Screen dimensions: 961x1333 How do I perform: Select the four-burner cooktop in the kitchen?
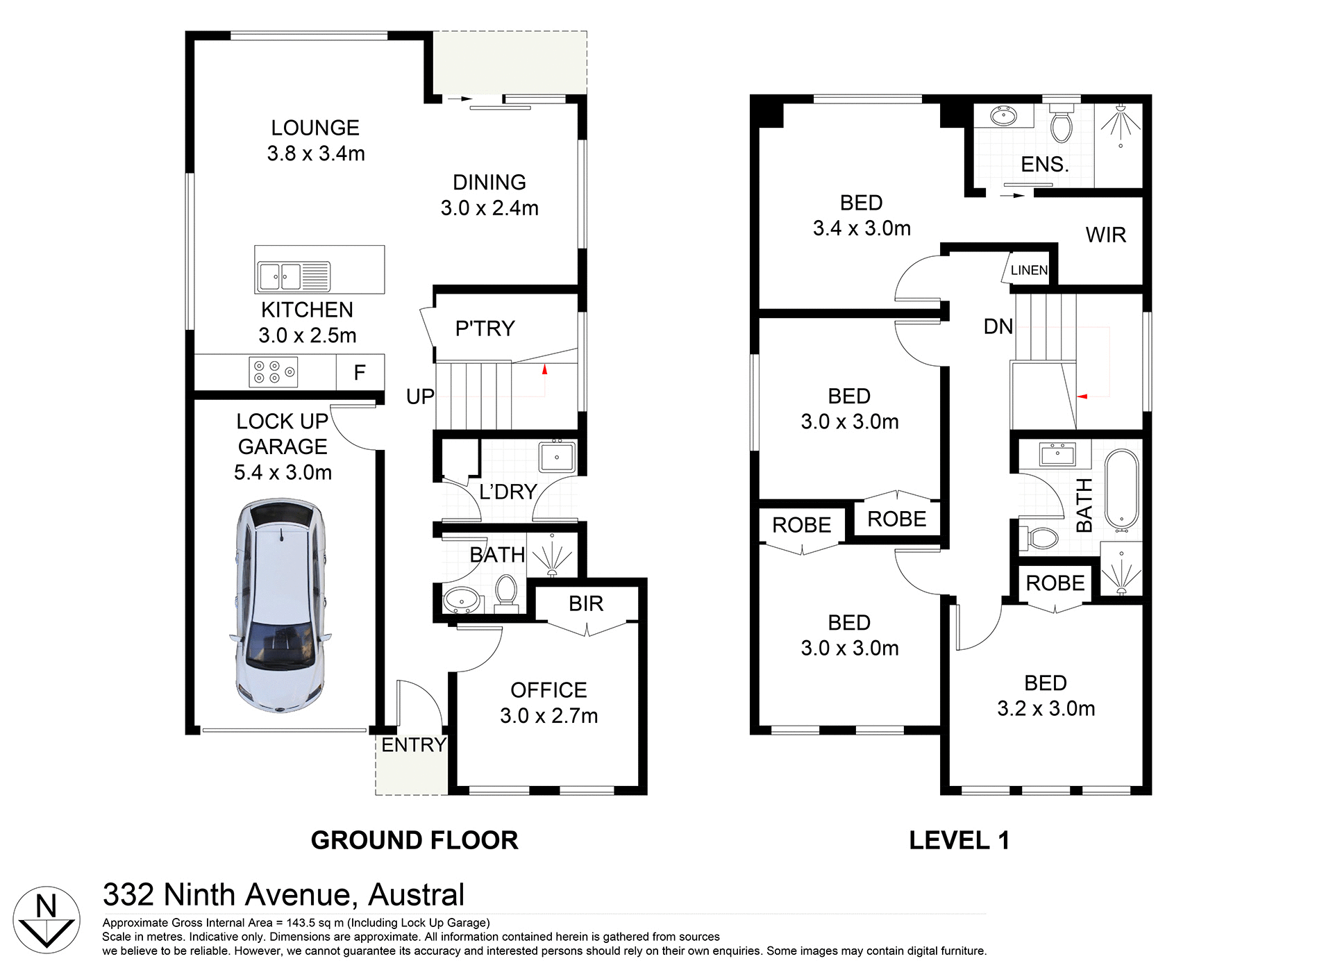tap(273, 371)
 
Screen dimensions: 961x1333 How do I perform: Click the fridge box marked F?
tap(360, 373)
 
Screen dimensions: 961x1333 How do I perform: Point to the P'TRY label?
tap(485, 328)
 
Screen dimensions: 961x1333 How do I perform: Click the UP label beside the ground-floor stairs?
tap(420, 396)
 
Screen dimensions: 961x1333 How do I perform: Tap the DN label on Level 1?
tap(998, 326)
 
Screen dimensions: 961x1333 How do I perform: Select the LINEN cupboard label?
tap(1029, 270)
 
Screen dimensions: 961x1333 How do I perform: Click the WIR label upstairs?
tap(1105, 235)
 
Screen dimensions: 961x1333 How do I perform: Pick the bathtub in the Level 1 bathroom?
tap(1121, 490)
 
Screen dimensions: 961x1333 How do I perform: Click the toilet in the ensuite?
tap(1061, 125)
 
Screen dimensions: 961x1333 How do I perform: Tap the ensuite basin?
tap(1003, 116)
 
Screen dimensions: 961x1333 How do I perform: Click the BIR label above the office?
tap(586, 603)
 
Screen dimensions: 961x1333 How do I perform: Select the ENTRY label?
tap(414, 744)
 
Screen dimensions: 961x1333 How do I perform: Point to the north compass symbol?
tap(47, 919)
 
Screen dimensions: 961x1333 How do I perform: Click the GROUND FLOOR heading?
tap(414, 840)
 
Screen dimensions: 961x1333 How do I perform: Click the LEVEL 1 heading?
tap(959, 840)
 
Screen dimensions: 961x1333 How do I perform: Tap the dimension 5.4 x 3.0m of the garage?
tap(283, 472)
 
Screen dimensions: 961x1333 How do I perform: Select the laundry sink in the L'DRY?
tap(557, 457)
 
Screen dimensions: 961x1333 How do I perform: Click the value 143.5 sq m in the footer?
tap(315, 923)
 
